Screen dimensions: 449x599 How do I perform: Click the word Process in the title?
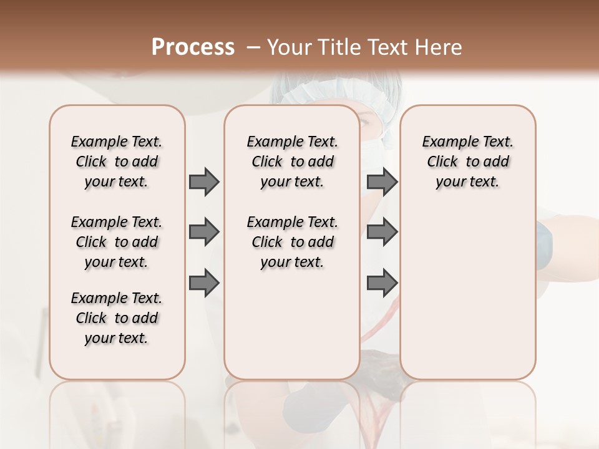[x=193, y=47]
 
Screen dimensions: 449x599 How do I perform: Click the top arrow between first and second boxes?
[x=204, y=181]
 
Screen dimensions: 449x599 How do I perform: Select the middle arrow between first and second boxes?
[x=204, y=232]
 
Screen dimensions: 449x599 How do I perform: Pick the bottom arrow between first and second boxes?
[x=204, y=282]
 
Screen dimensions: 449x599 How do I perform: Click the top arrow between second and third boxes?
[x=382, y=181]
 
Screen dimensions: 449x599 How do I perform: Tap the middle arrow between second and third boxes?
[x=382, y=232]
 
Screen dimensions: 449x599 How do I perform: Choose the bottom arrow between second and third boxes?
[x=382, y=282]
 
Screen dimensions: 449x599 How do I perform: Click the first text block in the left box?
[x=117, y=162]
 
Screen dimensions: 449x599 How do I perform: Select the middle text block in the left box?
[x=117, y=242]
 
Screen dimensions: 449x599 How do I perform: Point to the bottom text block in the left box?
[x=117, y=318]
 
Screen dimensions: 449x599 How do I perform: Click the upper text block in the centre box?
[x=292, y=162]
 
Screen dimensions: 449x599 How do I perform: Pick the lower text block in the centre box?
[x=292, y=242]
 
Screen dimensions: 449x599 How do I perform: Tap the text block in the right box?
[x=467, y=162]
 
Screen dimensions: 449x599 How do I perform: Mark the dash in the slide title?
[x=253, y=47]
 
